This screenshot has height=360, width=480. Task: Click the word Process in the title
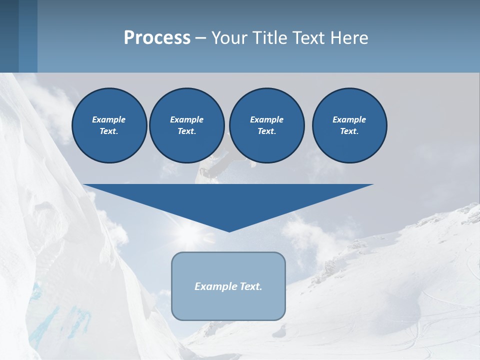pyautogui.click(x=157, y=37)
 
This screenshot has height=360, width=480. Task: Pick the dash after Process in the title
pyautogui.click(x=200, y=38)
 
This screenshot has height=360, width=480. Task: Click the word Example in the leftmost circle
pyautogui.click(x=109, y=119)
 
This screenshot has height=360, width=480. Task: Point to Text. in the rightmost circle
pyautogui.click(x=349, y=131)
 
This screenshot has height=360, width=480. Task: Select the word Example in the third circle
pyautogui.click(x=266, y=119)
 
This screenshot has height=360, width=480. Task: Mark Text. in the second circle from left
pyautogui.click(x=186, y=131)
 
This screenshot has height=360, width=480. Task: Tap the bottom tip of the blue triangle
pyautogui.click(x=229, y=230)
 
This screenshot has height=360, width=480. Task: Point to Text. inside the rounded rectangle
pyautogui.click(x=250, y=286)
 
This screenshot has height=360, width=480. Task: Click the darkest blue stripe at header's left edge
pyautogui.click(x=9, y=36)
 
